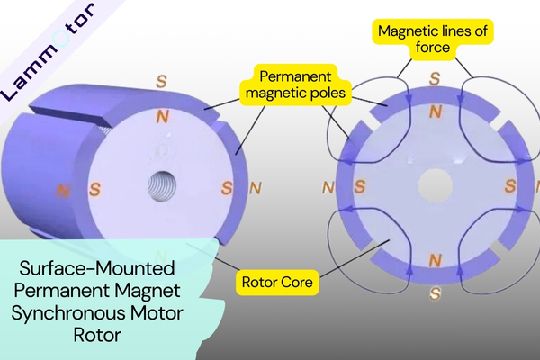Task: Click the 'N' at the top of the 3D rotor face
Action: (162, 117)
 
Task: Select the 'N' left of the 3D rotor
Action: (63, 190)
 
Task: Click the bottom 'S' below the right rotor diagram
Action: (436, 292)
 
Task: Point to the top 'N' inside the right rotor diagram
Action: (436, 112)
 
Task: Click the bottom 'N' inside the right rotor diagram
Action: (436, 260)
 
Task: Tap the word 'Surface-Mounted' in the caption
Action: (94, 270)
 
